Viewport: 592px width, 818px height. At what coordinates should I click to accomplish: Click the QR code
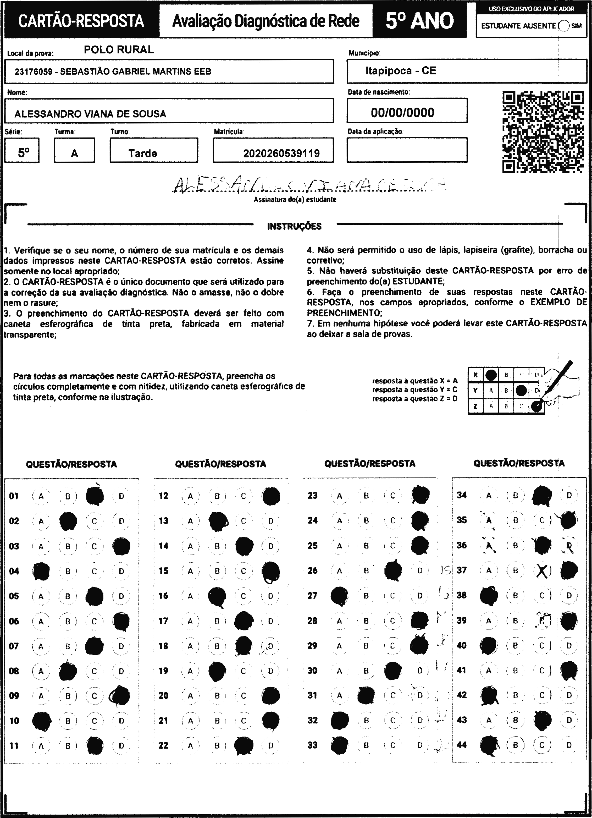click(x=543, y=132)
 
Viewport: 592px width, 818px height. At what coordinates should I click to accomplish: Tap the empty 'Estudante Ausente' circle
click(x=564, y=26)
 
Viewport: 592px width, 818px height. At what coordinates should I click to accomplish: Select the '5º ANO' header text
click(x=419, y=20)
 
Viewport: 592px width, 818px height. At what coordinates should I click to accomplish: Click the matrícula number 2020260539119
click(x=281, y=153)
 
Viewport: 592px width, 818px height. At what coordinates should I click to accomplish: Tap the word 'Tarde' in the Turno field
click(x=143, y=153)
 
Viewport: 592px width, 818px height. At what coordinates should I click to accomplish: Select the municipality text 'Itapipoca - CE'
click(x=401, y=71)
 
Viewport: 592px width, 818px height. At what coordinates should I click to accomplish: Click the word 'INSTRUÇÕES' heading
click(x=294, y=227)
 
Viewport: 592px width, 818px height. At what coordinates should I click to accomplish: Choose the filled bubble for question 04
click(x=41, y=571)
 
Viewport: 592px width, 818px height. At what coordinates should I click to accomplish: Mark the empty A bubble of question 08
click(x=41, y=671)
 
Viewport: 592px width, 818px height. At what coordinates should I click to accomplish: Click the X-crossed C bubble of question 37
click(x=542, y=570)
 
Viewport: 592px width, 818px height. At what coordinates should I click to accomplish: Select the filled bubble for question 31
click(x=366, y=696)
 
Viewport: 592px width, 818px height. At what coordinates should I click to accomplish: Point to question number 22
click(x=163, y=745)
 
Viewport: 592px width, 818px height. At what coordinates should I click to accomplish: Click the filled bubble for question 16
click(x=217, y=596)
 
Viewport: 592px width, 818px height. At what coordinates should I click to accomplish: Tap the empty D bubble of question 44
click(x=569, y=745)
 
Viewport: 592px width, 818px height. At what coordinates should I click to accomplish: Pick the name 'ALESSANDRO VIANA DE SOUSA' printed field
click(x=90, y=114)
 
